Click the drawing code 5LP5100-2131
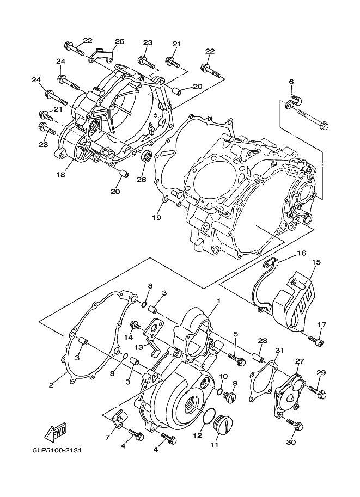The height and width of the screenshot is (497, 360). point(57,451)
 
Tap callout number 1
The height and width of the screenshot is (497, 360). point(218,301)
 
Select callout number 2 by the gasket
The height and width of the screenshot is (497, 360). point(51,385)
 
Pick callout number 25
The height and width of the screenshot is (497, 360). point(119,41)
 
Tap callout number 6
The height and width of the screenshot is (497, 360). point(291,82)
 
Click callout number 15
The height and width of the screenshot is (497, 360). point(315,262)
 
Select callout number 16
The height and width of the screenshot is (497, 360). point(301,254)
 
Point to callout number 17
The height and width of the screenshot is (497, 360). point(321,325)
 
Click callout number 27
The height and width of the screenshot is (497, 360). point(298,361)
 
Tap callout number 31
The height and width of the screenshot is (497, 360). point(279,350)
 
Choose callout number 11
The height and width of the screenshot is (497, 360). point(214,445)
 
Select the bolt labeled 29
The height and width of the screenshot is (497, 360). point(315,390)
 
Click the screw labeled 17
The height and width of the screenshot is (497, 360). point(315,341)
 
